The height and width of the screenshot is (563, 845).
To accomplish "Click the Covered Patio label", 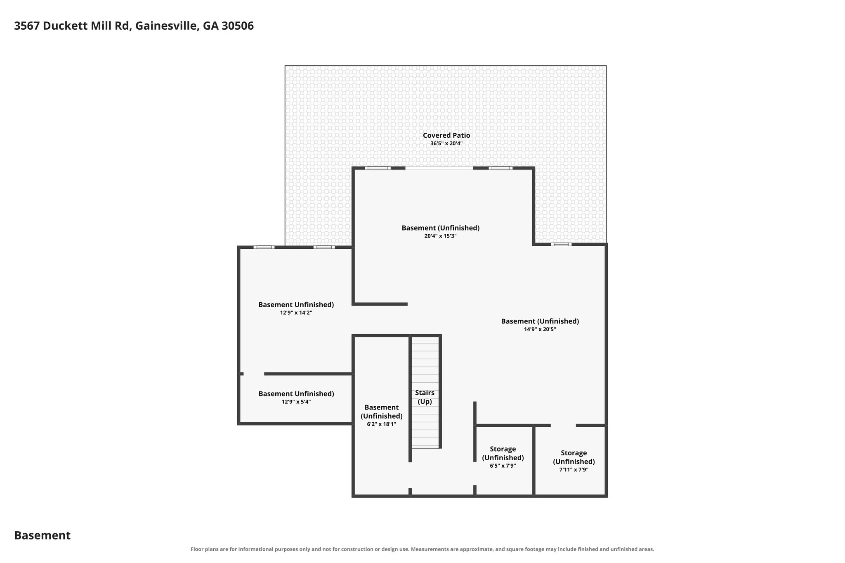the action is tap(446, 135).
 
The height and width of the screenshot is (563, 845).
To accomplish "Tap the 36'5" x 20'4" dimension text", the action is tap(446, 144).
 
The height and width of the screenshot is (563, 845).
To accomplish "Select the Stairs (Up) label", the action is tap(425, 397).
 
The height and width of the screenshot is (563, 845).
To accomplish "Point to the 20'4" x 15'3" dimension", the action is tap(441, 236).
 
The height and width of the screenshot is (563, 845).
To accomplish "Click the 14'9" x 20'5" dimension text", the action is tap(540, 330).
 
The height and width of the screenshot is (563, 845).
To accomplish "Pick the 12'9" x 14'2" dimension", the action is tap(296, 313).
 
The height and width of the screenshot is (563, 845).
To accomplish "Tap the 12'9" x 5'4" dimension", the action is tap(296, 402).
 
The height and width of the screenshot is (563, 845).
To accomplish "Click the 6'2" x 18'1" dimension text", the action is tap(382, 424).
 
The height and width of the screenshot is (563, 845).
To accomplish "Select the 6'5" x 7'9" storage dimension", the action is tap(503, 466).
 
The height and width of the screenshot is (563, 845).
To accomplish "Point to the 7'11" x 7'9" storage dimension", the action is tap(574, 470).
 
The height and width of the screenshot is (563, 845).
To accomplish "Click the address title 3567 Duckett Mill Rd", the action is tap(73, 26).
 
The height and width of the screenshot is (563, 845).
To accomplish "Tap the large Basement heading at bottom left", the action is tap(42, 535).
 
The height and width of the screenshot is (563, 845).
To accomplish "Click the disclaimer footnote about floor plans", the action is tap(422, 549).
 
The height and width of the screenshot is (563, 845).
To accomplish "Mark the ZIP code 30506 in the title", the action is tap(238, 26).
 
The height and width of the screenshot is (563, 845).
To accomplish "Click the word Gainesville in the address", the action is tap(167, 26).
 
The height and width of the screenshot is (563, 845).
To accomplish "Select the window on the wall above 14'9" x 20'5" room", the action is tap(561, 245).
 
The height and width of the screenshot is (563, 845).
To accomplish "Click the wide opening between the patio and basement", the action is tap(439, 168).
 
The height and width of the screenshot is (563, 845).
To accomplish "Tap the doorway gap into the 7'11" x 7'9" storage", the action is tap(563, 425).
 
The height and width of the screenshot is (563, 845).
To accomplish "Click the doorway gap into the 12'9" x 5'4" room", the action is tap(254, 374).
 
